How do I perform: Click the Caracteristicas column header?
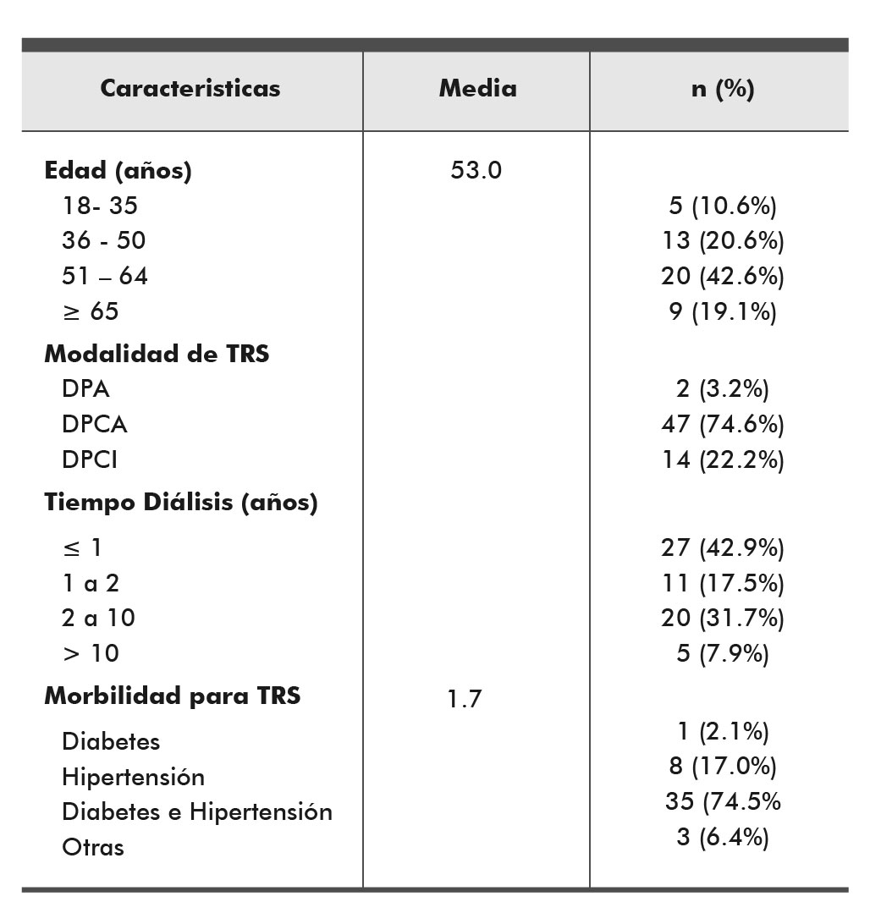[x=190, y=88]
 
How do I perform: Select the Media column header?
[x=477, y=88]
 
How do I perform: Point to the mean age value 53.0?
[x=476, y=170]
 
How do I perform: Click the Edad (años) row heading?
[x=118, y=171]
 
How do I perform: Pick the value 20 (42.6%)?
[x=723, y=277]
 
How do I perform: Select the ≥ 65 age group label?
[x=91, y=311]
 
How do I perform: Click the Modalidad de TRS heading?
[x=157, y=354]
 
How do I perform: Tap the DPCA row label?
[x=94, y=424]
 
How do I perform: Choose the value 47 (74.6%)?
[x=723, y=424]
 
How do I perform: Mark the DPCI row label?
[x=90, y=459]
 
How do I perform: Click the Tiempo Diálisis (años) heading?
[x=181, y=503]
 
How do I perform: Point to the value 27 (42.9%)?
[x=723, y=548]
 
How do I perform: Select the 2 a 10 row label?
[x=98, y=619]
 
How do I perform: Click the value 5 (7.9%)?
[x=723, y=653]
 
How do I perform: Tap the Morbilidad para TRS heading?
[x=172, y=696]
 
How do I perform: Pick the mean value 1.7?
[x=465, y=700]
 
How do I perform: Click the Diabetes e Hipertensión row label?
[x=197, y=812]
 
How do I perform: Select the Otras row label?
[x=93, y=847]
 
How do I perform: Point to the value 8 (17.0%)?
[x=723, y=766]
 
